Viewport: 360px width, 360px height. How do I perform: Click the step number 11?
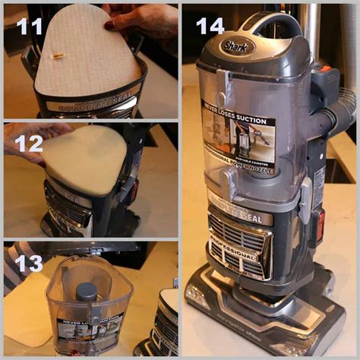[x=30, y=26]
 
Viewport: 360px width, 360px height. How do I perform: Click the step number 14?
[x=210, y=26]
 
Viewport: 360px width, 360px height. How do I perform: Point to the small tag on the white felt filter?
[x=56, y=56]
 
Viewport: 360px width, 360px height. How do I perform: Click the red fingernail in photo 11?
[x=109, y=24]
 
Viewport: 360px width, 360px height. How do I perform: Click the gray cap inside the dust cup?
[x=86, y=291]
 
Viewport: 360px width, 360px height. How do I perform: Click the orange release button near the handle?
[x=325, y=69]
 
